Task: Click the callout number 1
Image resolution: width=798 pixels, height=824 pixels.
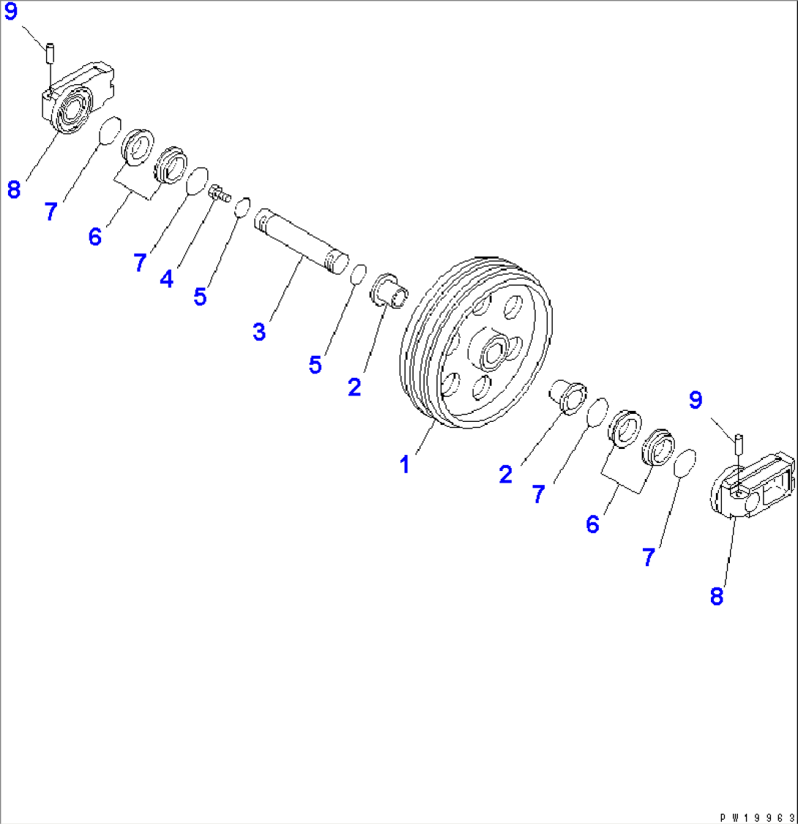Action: [403, 464]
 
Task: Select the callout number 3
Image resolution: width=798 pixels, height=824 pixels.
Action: [258, 330]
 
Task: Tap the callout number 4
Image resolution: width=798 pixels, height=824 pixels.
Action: [167, 278]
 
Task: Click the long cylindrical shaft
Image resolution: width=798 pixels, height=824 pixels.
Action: [301, 242]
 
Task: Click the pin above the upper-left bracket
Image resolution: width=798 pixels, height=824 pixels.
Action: [51, 53]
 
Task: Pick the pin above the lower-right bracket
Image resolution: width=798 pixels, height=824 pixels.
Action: [739, 443]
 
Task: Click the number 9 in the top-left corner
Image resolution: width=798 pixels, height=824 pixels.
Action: [11, 14]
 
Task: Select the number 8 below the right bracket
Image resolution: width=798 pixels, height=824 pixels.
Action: [716, 596]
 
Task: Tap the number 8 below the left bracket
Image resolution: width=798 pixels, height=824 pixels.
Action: [13, 190]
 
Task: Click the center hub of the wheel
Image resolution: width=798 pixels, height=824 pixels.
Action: [495, 352]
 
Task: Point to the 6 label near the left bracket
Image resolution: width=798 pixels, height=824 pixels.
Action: [95, 237]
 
